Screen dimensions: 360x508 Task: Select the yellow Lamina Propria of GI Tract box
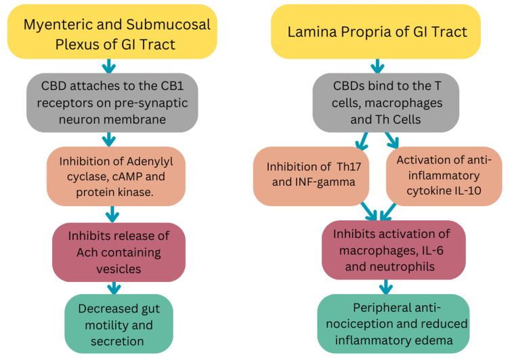click(x=376, y=31)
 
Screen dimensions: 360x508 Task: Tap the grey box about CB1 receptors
click(x=112, y=102)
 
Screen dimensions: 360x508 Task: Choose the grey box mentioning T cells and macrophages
click(x=377, y=102)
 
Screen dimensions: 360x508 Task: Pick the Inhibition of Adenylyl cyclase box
click(x=116, y=177)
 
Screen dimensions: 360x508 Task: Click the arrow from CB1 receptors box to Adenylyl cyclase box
click(x=108, y=138)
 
